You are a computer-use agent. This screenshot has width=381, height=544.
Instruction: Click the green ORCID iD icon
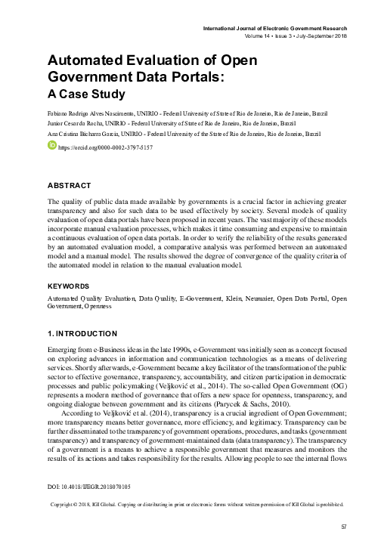point(52,145)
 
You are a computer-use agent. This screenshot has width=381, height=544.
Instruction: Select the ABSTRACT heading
point(70,185)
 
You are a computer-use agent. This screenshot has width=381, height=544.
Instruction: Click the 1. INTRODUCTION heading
point(82,333)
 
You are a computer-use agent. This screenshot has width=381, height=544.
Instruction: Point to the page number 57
point(343,527)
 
